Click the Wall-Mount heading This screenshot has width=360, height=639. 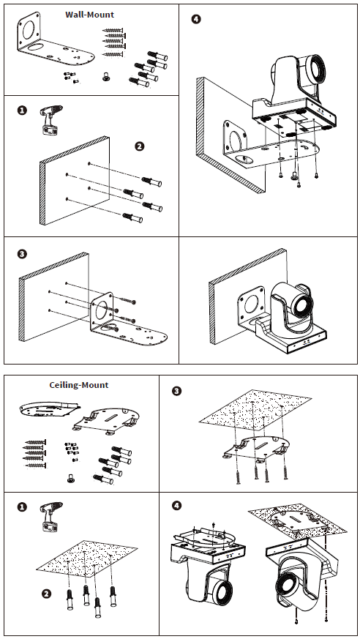click(89, 15)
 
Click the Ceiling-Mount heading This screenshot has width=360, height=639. click(79, 385)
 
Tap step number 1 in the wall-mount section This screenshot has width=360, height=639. click(23, 110)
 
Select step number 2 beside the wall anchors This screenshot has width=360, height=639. click(140, 146)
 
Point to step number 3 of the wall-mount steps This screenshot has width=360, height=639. click(23, 254)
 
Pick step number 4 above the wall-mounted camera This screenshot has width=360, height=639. click(196, 19)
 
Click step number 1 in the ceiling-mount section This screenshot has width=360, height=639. click(23, 507)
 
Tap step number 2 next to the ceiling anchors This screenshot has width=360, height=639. click(47, 594)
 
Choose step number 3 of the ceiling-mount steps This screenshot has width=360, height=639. click(177, 391)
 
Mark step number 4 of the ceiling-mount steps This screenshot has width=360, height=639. click(177, 506)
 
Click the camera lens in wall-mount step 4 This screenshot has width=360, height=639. click(315, 68)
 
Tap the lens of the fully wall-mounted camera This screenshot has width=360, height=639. click(303, 304)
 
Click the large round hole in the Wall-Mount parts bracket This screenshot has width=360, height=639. click(29, 30)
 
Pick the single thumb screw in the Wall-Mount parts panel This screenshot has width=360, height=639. click(107, 76)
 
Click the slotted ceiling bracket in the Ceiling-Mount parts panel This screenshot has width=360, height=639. click(107, 421)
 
